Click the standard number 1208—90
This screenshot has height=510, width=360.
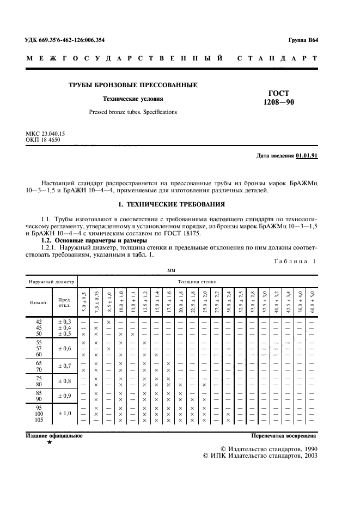(278, 101)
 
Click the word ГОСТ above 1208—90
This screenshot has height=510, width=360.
(279, 93)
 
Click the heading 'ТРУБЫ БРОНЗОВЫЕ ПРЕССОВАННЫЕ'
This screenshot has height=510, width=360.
(133, 86)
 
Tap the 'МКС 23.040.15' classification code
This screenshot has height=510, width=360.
(46, 133)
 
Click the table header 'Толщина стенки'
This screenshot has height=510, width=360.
(197, 282)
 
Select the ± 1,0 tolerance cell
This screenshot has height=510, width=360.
(64, 414)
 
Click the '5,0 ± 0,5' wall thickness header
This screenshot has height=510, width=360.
(84, 301)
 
